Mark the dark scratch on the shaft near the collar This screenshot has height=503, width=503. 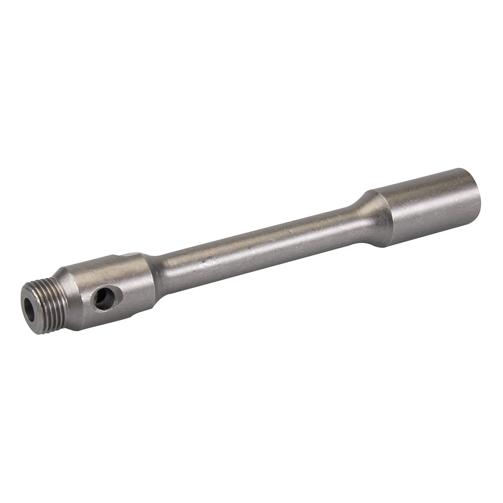204,262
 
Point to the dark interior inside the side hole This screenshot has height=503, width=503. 103,299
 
